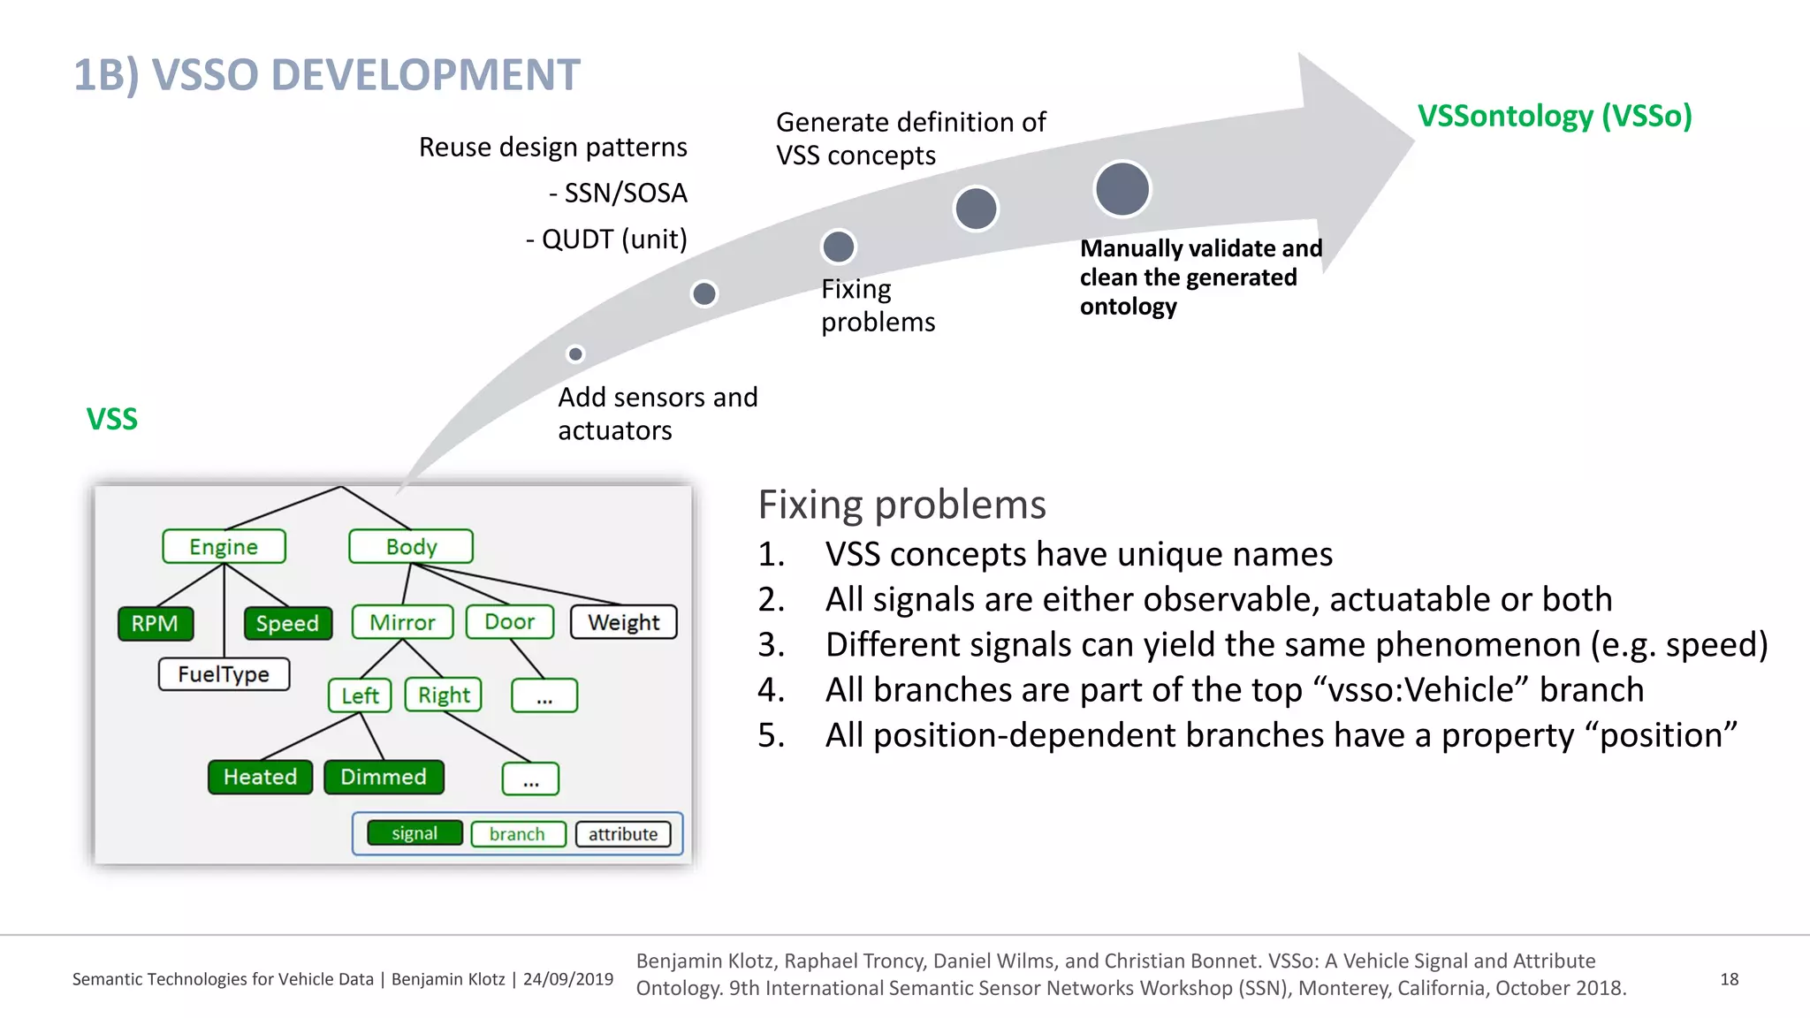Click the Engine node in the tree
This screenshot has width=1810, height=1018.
[224, 546]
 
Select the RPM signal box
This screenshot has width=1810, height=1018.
[156, 623]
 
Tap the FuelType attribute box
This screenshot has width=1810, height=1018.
[224, 674]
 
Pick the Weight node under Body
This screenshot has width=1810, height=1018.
[623, 622]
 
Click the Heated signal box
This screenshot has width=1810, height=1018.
[260, 777]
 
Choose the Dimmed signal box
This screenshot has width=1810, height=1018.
[384, 777]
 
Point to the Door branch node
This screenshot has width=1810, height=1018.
[509, 622]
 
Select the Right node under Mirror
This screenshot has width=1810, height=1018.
[444, 695]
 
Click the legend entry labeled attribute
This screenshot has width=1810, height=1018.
[623, 833]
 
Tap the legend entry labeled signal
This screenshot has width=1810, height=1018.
[414, 833]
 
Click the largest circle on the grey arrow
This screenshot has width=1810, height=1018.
[1122, 189]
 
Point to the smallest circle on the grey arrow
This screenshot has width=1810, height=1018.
[575, 354]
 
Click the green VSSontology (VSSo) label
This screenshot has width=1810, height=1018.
[1555, 116]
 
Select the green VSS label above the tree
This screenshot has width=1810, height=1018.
[112, 418]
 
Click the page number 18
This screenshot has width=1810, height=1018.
[1729, 979]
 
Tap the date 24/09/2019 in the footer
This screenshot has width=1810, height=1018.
[567, 979]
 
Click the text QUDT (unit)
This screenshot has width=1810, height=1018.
[613, 239]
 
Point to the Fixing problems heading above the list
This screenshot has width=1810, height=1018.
[901, 505]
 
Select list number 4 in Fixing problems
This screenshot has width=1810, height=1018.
[771, 690]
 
